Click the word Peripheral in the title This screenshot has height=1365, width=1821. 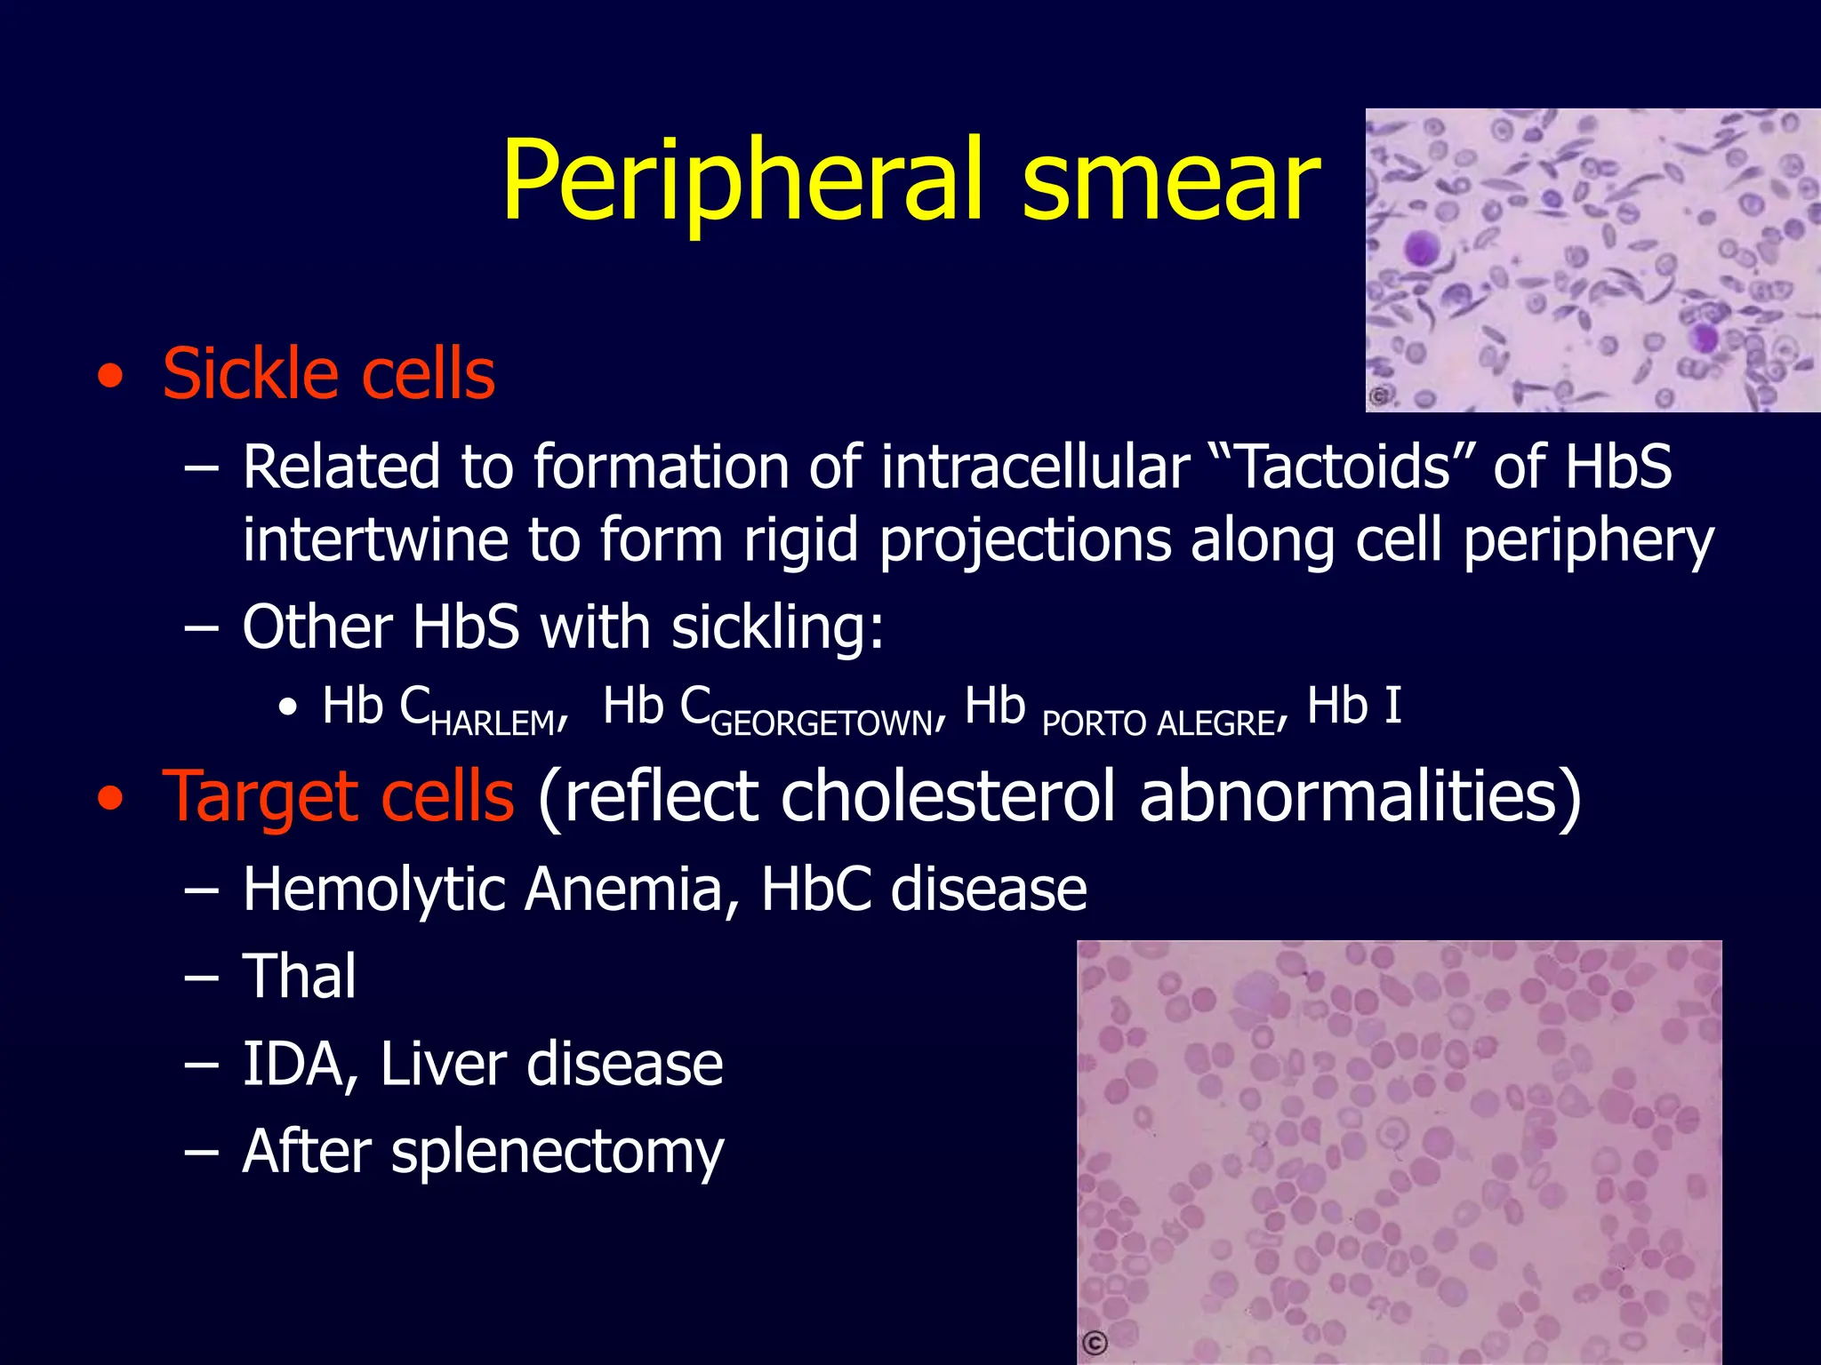[x=742, y=182]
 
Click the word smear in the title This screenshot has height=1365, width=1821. [x=1170, y=182]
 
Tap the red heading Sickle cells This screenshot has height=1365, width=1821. [x=328, y=375]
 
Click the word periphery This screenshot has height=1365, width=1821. [x=1588, y=541]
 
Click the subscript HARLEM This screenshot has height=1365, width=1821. [x=493, y=723]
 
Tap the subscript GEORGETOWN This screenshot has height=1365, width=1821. [x=822, y=723]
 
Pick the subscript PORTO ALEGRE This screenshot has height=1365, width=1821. [x=1159, y=723]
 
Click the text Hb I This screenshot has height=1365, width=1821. [x=1354, y=706]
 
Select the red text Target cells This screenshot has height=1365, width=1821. [x=338, y=796]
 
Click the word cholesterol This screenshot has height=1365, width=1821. [x=948, y=796]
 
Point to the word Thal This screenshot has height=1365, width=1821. [x=299, y=976]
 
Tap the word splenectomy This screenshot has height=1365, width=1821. [x=558, y=1153]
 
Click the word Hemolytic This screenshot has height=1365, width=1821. [x=373, y=889]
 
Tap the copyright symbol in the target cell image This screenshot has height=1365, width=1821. [x=1095, y=1343]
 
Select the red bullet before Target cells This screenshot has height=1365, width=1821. [x=110, y=798]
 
